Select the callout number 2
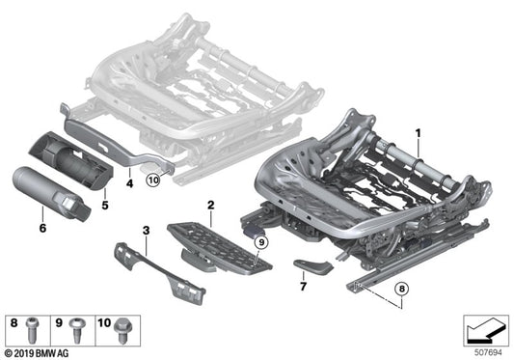point(209,206)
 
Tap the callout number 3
point(146,231)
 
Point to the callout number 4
point(129,179)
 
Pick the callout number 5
point(104,204)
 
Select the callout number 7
point(304,287)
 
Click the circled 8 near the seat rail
point(401,286)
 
